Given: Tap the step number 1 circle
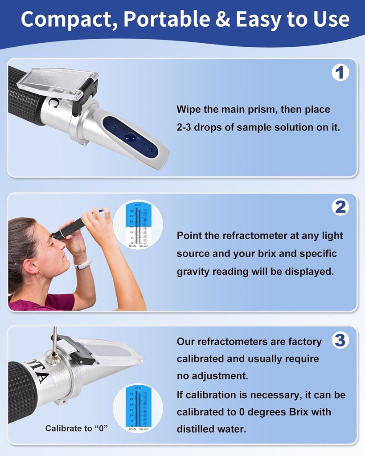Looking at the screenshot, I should (340, 73).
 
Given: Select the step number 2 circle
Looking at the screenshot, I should (340, 207).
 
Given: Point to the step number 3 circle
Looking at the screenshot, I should (340, 341).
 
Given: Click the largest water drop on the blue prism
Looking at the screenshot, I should (130, 137).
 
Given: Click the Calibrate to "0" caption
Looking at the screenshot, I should (77, 428).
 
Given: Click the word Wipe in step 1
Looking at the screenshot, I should (189, 109).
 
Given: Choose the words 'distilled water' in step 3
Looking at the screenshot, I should (211, 429).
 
